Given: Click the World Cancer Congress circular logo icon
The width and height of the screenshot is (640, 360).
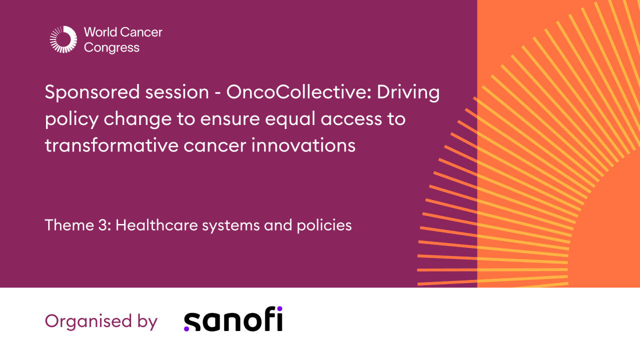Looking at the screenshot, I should [63, 39].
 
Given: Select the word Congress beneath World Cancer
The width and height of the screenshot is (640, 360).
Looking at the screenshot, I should [112, 48].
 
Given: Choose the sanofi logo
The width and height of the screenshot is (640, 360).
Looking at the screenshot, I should [233, 319].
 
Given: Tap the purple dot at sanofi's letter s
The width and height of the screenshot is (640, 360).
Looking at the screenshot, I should [187, 328].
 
